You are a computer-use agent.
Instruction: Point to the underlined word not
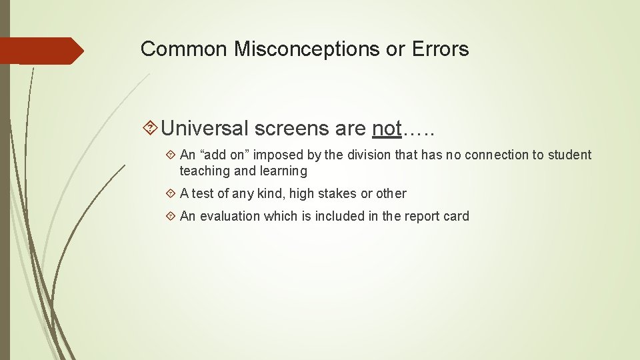387,127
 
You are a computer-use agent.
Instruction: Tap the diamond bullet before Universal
150,128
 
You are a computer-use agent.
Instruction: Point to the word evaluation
229,216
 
